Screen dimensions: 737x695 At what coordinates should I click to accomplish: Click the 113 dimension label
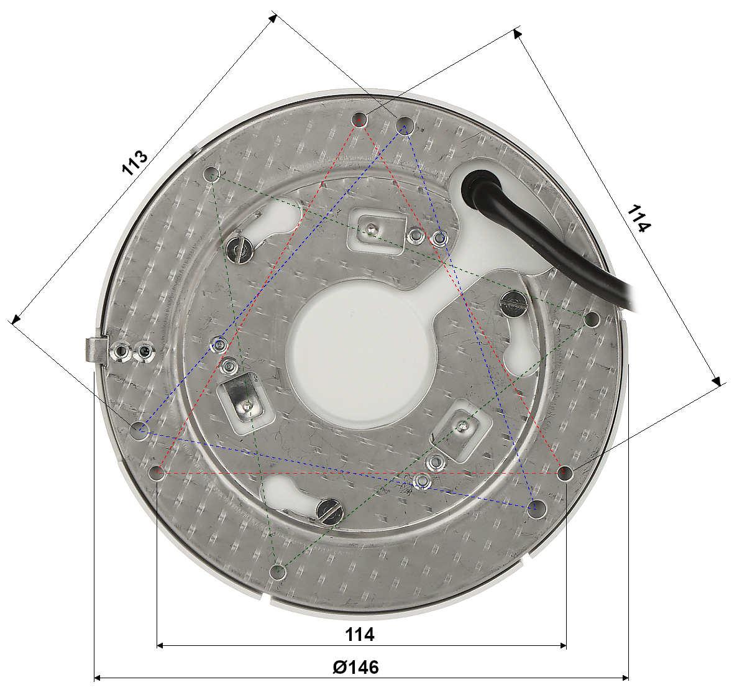tap(135, 163)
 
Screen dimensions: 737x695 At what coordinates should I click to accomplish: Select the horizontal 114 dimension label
tap(360, 634)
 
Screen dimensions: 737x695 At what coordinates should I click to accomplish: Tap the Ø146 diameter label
tap(356, 667)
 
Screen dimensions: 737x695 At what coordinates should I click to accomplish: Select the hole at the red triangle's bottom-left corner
tap(157, 472)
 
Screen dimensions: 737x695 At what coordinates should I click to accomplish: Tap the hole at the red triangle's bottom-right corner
tap(565, 473)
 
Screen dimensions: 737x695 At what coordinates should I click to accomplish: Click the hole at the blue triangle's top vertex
tap(404, 126)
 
